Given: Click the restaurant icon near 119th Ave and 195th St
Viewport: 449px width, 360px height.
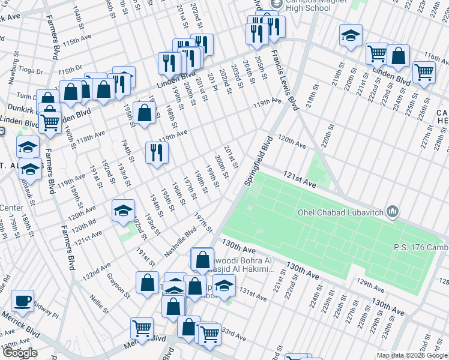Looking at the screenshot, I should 157,152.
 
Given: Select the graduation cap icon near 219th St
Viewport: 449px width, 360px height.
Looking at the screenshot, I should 351,36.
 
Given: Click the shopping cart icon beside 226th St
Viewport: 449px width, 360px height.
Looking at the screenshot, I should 424,72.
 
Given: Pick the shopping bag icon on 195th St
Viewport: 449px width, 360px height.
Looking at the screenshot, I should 144,112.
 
